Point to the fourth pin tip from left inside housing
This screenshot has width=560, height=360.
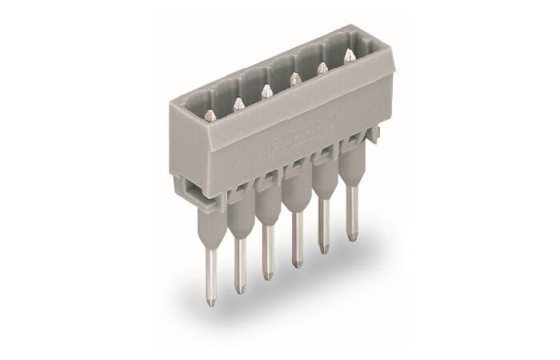pos(295,78)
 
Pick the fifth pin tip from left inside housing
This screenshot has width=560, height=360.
pos(322,68)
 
